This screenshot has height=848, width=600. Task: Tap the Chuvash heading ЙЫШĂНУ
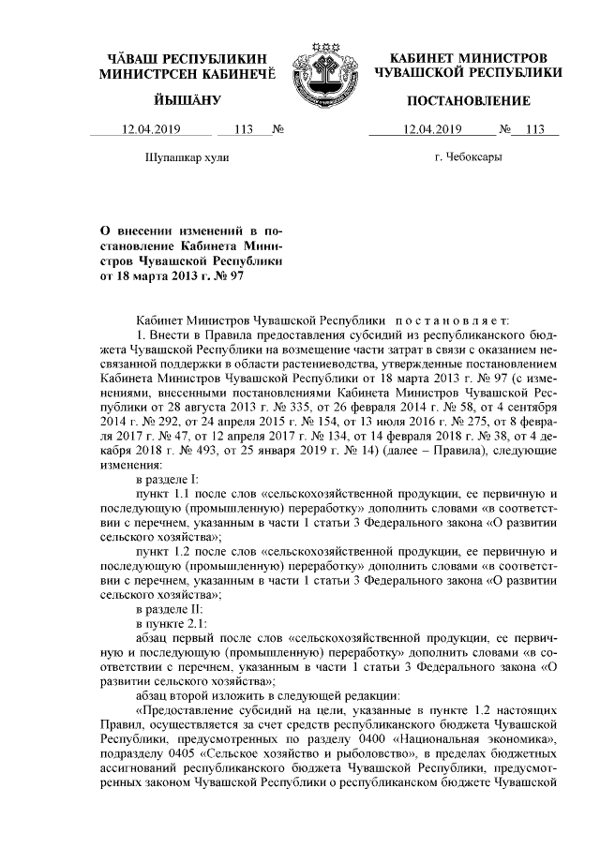[186, 100]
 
